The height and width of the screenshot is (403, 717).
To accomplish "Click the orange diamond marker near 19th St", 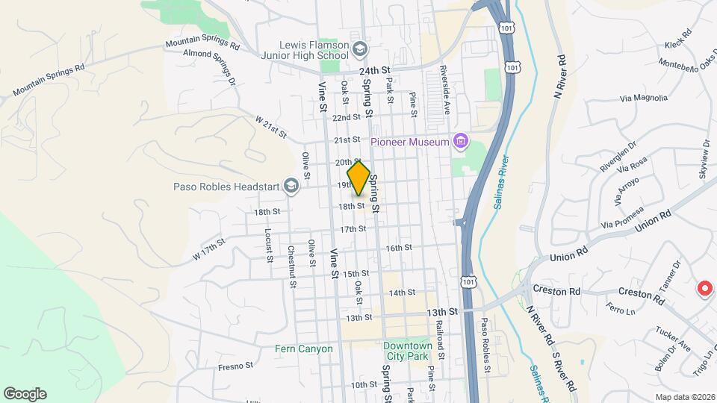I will click(358, 178).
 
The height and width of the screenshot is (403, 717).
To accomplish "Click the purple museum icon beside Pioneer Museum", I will click(461, 142).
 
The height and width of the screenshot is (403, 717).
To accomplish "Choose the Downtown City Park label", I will click(407, 351).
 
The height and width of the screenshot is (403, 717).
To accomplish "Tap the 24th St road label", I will click(375, 70).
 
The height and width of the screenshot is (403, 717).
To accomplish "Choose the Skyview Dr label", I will click(704, 157).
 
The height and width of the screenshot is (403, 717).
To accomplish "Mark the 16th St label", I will click(399, 248).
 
